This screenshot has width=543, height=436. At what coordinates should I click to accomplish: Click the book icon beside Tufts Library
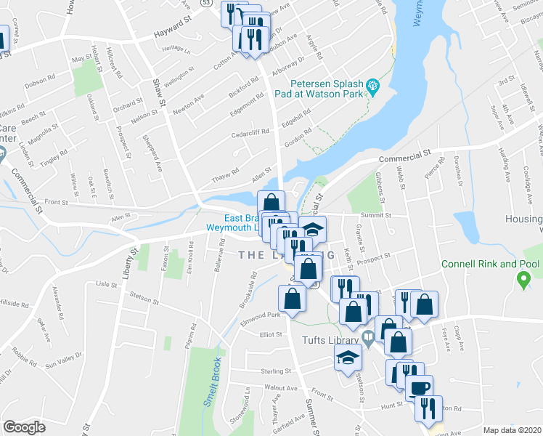(x=368, y=336)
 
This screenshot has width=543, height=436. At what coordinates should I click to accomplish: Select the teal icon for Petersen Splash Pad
(x=374, y=87)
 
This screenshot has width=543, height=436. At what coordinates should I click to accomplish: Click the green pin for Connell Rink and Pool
(x=520, y=278)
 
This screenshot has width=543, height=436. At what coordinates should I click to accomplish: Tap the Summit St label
(x=377, y=215)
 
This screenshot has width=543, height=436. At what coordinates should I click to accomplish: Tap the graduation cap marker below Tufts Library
(x=348, y=357)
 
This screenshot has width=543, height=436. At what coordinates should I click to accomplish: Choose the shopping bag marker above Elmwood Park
(x=292, y=297)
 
